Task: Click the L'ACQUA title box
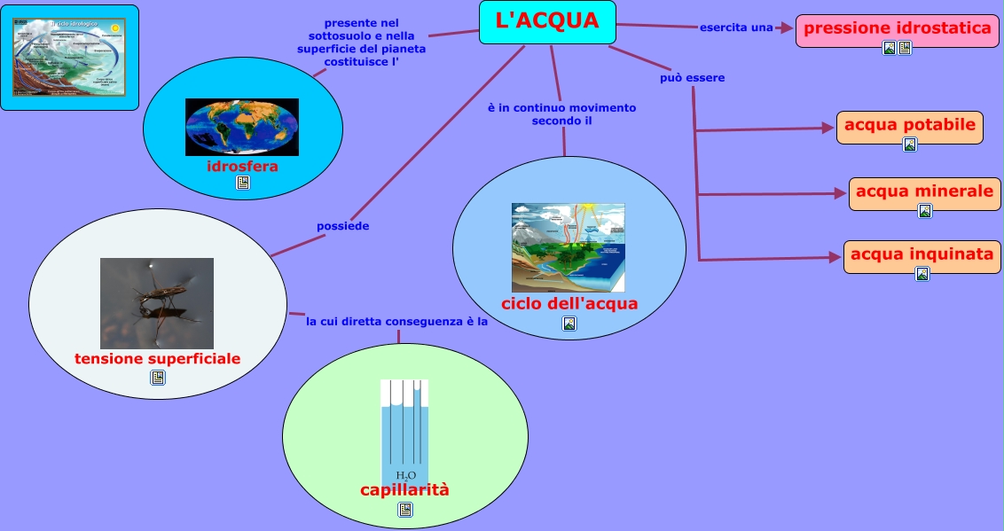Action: pos(547,21)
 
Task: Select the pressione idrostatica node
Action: pos(898,27)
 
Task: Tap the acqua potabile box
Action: pos(910,125)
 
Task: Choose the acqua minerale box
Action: pos(924,191)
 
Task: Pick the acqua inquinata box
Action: pos(922,254)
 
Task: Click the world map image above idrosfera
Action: pos(242,127)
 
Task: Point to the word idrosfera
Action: pos(242,167)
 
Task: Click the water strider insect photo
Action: pos(157,302)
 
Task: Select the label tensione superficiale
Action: pos(158,359)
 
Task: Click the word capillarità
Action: pos(404,490)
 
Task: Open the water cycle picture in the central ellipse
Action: pos(568,247)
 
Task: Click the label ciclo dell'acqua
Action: pos(569,304)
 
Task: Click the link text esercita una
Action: pos(736,27)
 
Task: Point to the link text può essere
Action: pos(692,78)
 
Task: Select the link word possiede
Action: pos(342,226)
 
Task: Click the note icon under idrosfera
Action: pos(243,183)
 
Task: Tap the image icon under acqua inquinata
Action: pos(922,274)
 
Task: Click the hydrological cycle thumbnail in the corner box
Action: pos(70,57)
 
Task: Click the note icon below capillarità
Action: pos(405,509)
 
